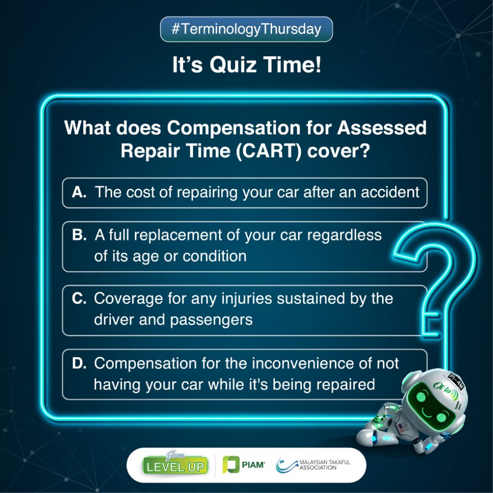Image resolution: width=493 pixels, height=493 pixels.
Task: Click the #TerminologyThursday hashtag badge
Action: (246, 29)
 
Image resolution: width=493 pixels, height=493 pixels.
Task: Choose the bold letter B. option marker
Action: (79, 235)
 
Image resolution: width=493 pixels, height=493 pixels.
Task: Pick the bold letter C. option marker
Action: (79, 298)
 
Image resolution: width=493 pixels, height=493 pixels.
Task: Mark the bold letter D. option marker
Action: (79, 363)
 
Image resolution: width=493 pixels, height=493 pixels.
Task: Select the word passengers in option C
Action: (211, 320)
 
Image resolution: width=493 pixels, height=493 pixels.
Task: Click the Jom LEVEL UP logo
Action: (175, 464)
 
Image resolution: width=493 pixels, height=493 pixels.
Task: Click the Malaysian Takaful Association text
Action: (324, 465)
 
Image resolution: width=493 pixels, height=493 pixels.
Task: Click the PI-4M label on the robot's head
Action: (456, 381)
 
